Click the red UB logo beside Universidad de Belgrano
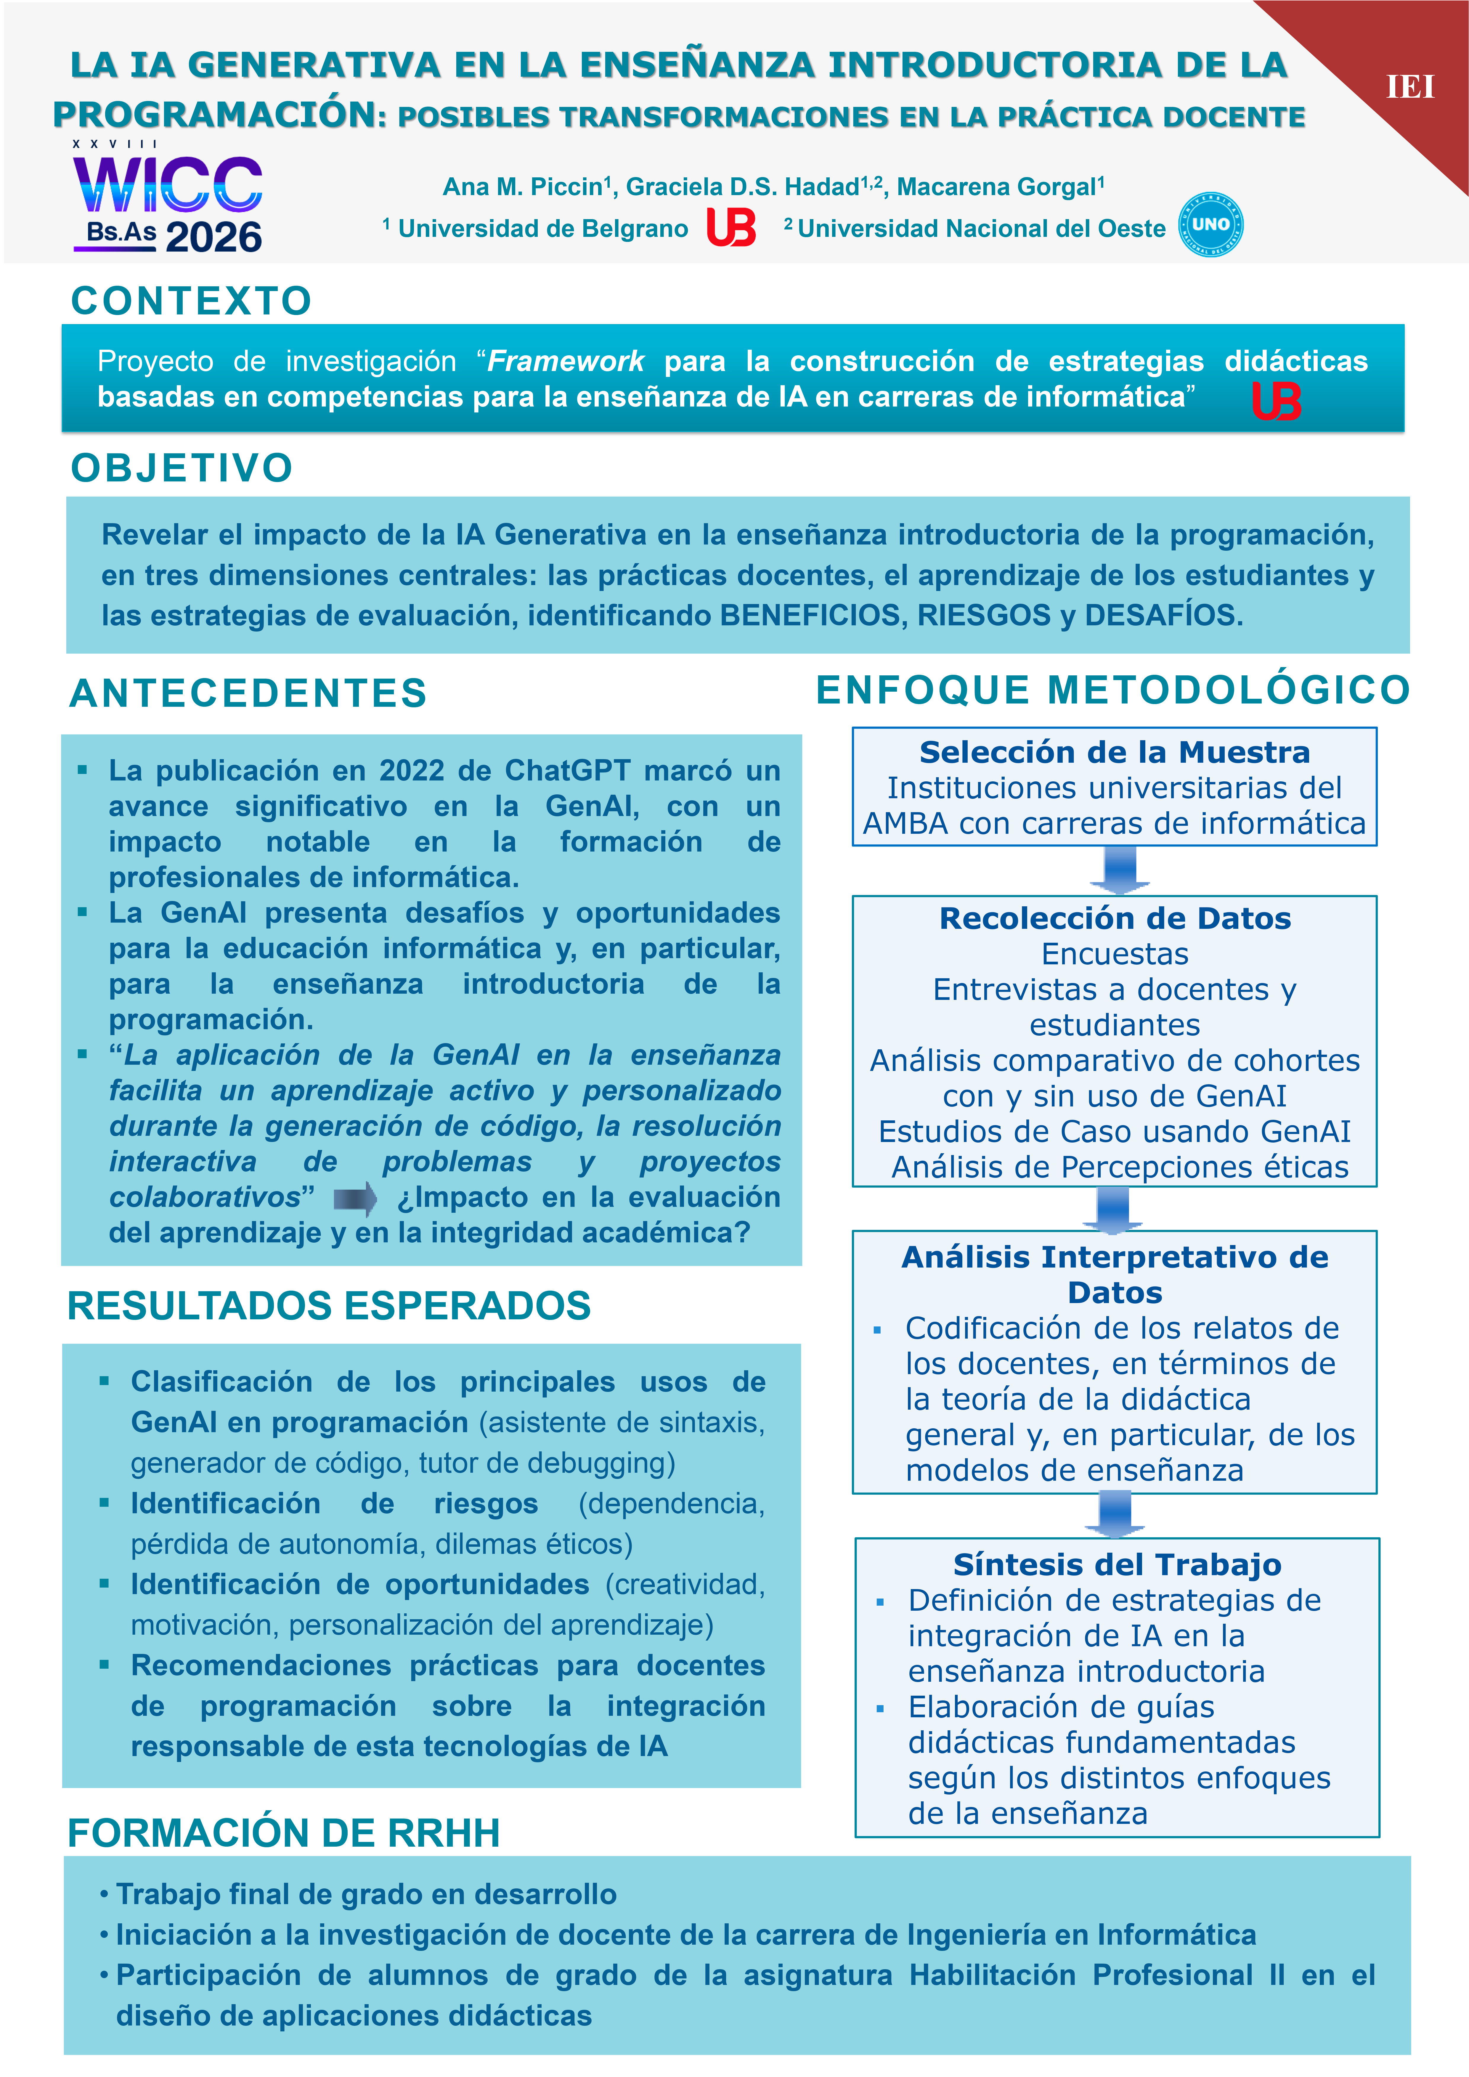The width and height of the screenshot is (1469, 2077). (731, 227)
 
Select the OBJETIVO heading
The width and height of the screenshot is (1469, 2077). (182, 469)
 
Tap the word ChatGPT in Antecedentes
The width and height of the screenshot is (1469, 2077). (567, 771)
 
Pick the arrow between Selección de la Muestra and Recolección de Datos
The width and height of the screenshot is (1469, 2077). (1119, 869)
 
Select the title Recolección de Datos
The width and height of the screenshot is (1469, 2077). (1115, 918)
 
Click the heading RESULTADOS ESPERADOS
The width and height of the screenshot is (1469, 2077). (329, 1306)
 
